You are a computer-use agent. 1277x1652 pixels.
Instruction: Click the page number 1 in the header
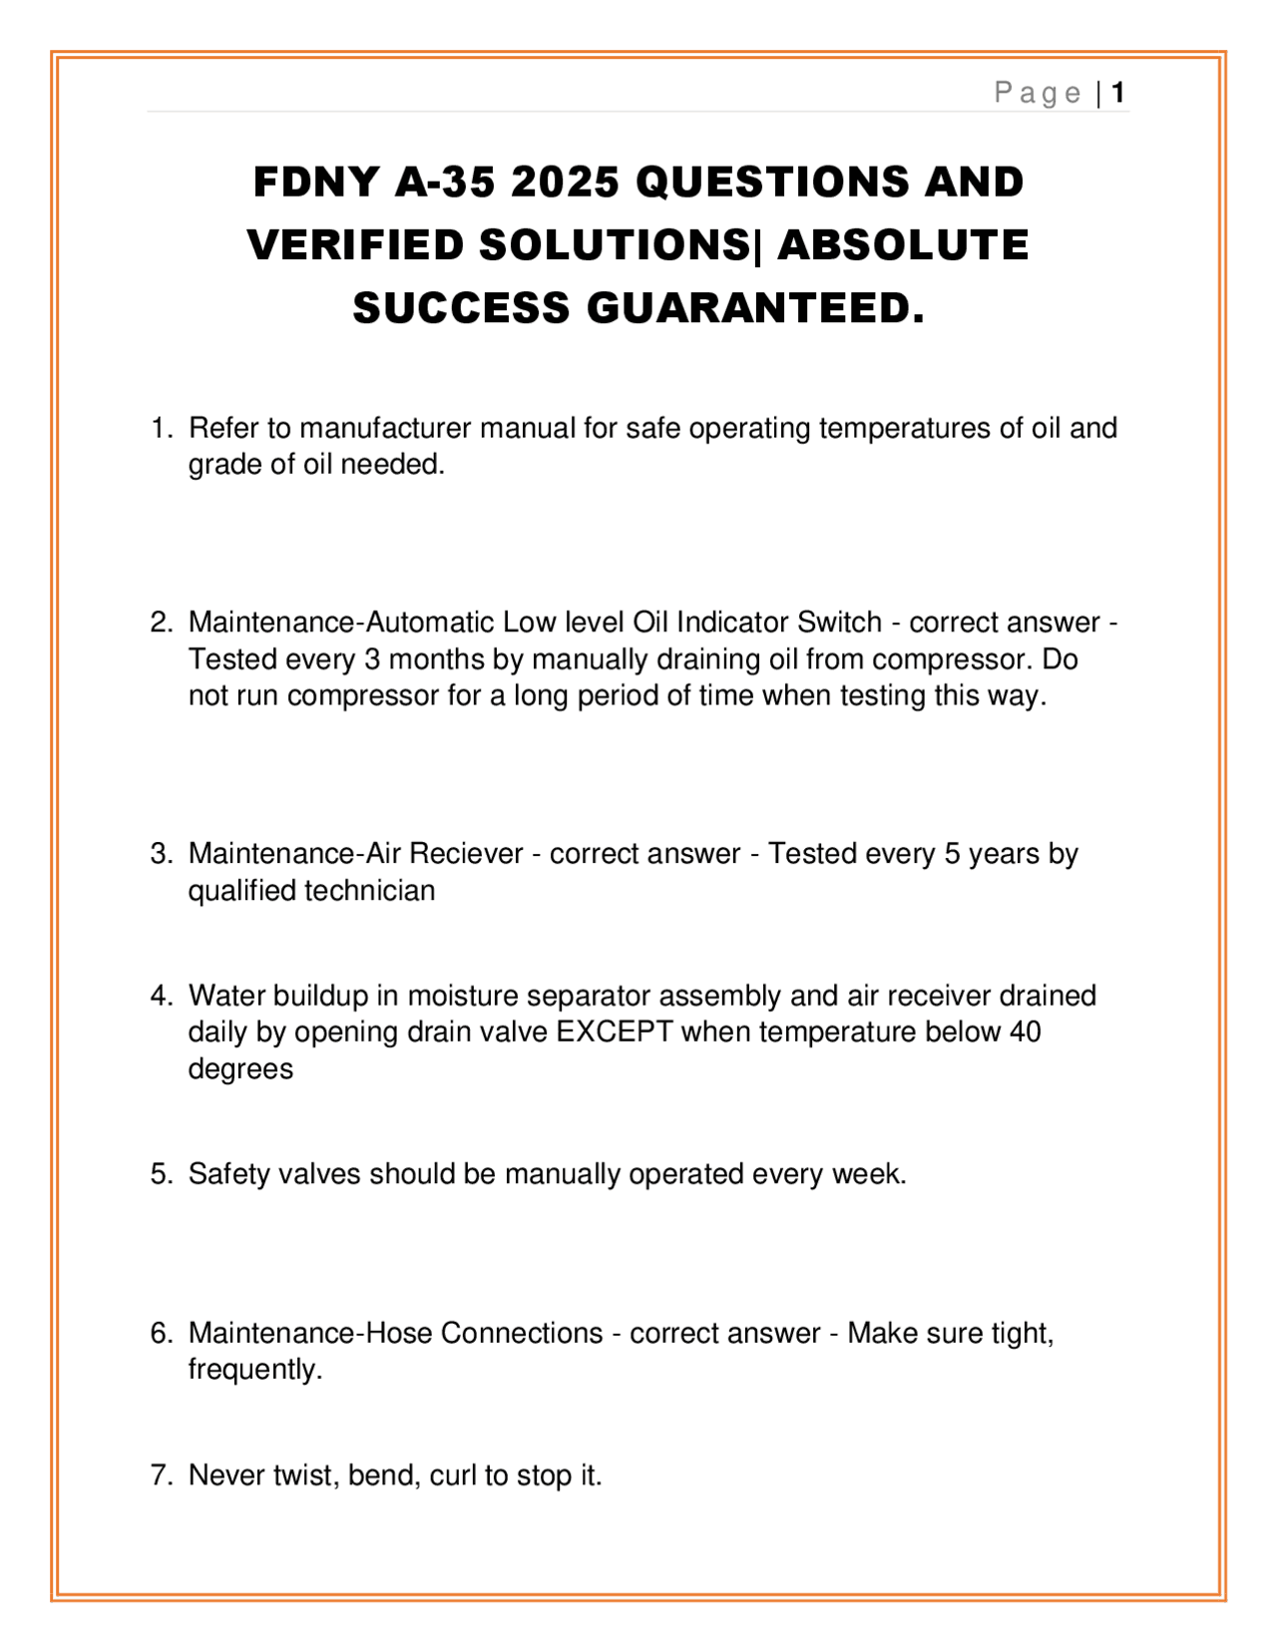(x=1118, y=93)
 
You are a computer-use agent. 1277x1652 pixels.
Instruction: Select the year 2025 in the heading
(x=565, y=183)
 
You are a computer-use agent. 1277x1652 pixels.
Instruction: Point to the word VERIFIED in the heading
(x=356, y=245)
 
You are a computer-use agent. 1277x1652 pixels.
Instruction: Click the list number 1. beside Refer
(x=162, y=428)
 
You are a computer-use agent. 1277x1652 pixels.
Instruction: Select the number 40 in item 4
(x=1025, y=1032)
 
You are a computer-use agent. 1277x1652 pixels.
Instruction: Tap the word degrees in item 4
(x=240, y=1068)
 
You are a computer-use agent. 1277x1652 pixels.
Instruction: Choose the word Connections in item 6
(x=522, y=1333)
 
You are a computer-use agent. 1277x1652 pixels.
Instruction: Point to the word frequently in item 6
(x=254, y=1370)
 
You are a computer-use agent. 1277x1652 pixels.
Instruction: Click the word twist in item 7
(x=306, y=1474)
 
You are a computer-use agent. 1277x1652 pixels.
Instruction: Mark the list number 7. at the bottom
(x=162, y=1474)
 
